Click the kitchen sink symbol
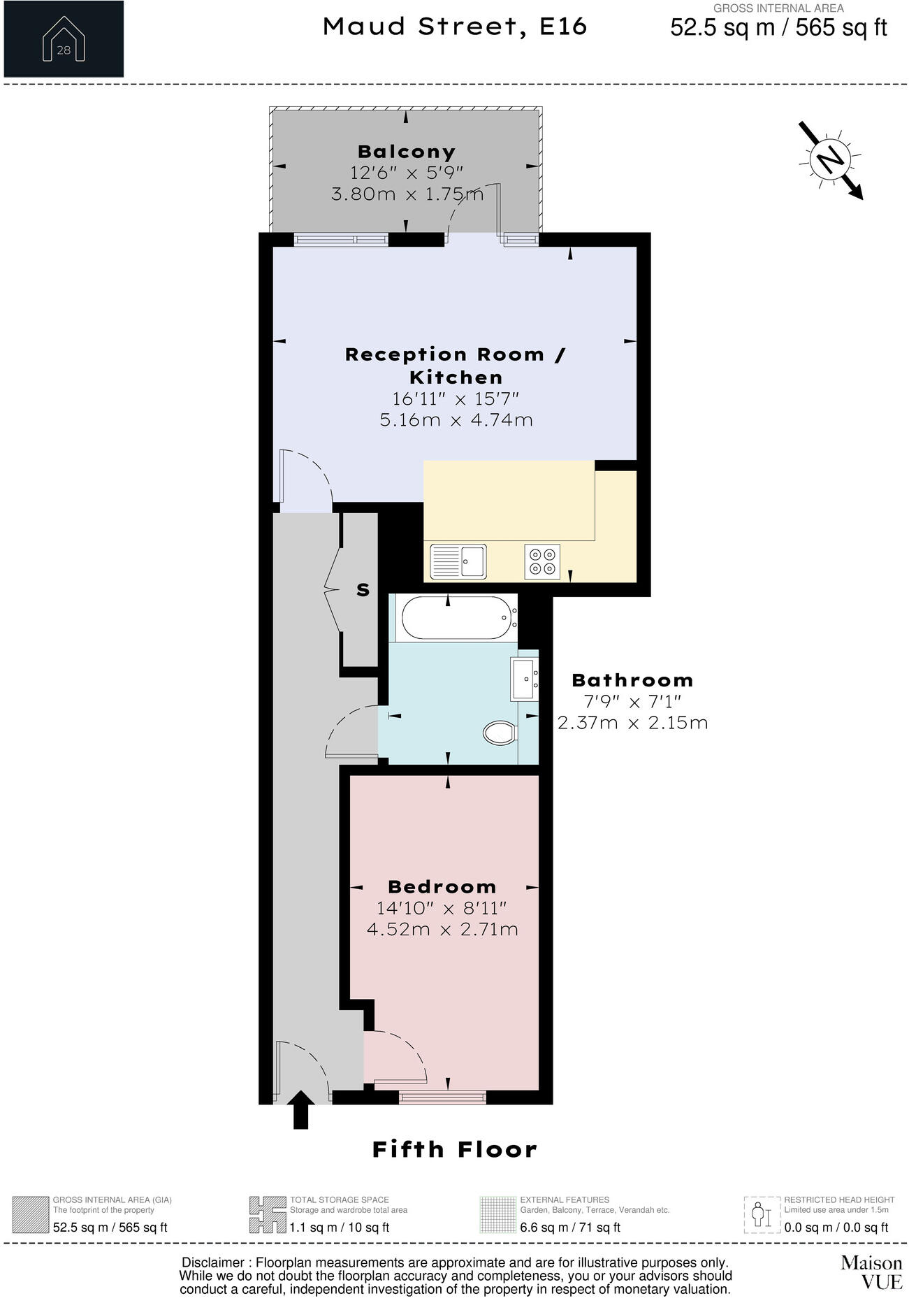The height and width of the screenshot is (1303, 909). pyautogui.click(x=458, y=561)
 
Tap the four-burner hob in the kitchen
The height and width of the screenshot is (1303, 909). pyautogui.click(x=542, y=561)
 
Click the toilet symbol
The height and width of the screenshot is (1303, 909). pyautogui.click(x=500, y=733)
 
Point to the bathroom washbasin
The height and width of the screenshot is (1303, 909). pyautogui.click(x=525, y=678)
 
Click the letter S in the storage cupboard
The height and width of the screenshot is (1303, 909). pyautogui.click(x=363, y=590)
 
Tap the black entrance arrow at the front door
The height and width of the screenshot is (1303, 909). pyautogui.click(x=301, y=1109)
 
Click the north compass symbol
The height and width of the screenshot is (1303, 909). pyautogui.click(x=831, y=160)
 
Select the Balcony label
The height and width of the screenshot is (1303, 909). pyautogui.click(x=407, y=152)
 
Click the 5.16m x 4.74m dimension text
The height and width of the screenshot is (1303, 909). pyautogui.click(x=456, y=420)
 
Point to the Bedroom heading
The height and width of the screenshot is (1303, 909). pyautogui.click(x=442, y=887)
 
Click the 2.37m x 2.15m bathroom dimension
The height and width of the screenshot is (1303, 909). pyautogui.click(x=632, y=723)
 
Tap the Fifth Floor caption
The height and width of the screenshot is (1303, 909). pyautogui.click(x=455, y=1150)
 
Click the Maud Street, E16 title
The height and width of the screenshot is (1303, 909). pyautogui.click(x=455, y=27)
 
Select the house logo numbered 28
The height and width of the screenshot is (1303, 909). pyautogui.click(x=64, y=38)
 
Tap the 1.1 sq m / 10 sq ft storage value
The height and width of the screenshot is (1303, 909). pyautogui.click(x=340, y=1228)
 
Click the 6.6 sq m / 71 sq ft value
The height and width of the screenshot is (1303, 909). pyautogui.click(x=570, y=1228)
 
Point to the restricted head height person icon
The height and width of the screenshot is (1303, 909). pyautogui.click(x=761, y=1215)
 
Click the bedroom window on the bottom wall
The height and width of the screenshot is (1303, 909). pyautogui.click(x=442, y=1097)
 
